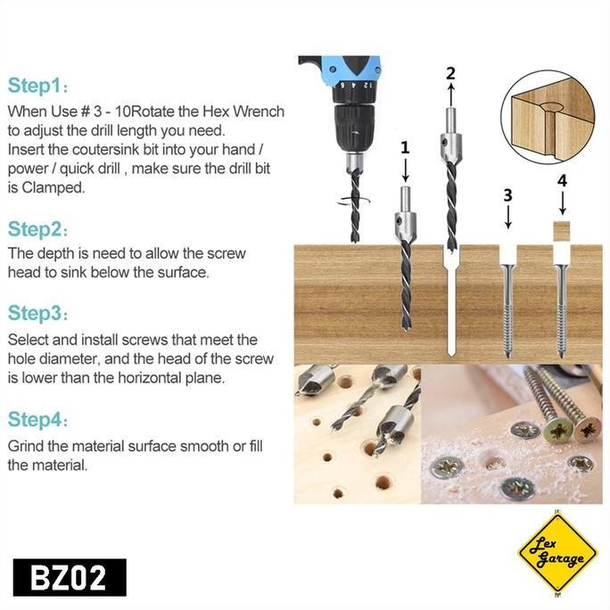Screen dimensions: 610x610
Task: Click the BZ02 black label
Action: tap(70, 577)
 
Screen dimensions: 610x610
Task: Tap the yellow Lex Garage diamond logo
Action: tap(557, 552)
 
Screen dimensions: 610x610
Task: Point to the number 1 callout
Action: tap(405, 147)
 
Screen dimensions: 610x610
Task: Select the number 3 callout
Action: tap(507, 194)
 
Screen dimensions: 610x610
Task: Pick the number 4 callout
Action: tap(562, 180)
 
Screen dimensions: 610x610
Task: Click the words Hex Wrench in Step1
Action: tap(246, 112)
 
